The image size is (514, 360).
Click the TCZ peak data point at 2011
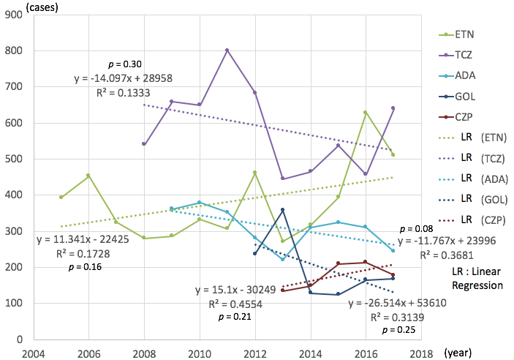tap(227, 50)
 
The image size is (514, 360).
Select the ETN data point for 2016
tap(366, 113)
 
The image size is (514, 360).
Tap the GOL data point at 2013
tap(282, 210)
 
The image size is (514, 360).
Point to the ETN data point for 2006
tap(88, 176)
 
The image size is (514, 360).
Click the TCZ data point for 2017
tap(393, 108)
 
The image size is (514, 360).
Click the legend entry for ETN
tap(456, 34)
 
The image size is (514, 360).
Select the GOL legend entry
tap(456, 96)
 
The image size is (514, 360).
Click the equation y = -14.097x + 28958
tap(123, 78)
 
